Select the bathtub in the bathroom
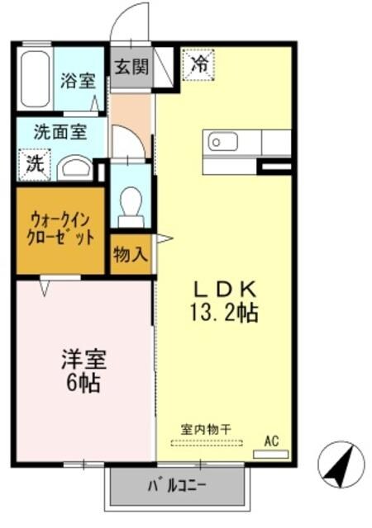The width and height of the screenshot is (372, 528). pyautogui.click(x=34, y=80)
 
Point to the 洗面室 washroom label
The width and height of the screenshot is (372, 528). pyautogui.click(x=57, y=131)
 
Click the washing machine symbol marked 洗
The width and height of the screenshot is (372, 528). pyautogui.click(x=36, y=163)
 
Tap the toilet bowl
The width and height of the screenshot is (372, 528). pyautogui.click(x=131, y=204)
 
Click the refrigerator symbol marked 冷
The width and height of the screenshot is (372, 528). pyautogui.click(x=199, y=64)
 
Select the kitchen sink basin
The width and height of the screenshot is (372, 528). pyautogui.click(x=223, y=142)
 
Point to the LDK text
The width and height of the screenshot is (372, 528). pyautogui.click(x=226, y=290)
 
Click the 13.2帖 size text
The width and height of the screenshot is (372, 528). pyautogui.click(x=226, y=313)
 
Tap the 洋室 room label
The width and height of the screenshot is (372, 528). pyautogui.click(x=83, y=361)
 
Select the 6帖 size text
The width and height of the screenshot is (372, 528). pyautogui.click(x=83, y=384)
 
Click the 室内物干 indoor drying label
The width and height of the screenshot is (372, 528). pyautogui.click(x=206, y=429)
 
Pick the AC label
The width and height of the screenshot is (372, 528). pyautogui.click(x=271, y=441)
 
